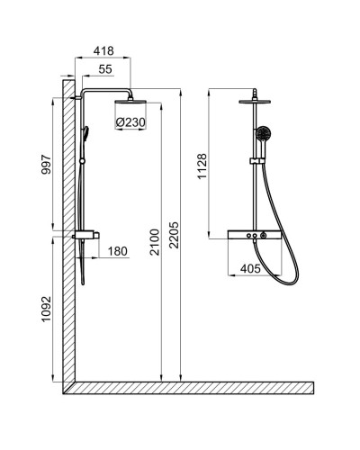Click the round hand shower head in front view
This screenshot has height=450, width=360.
(x=262, y=136)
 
